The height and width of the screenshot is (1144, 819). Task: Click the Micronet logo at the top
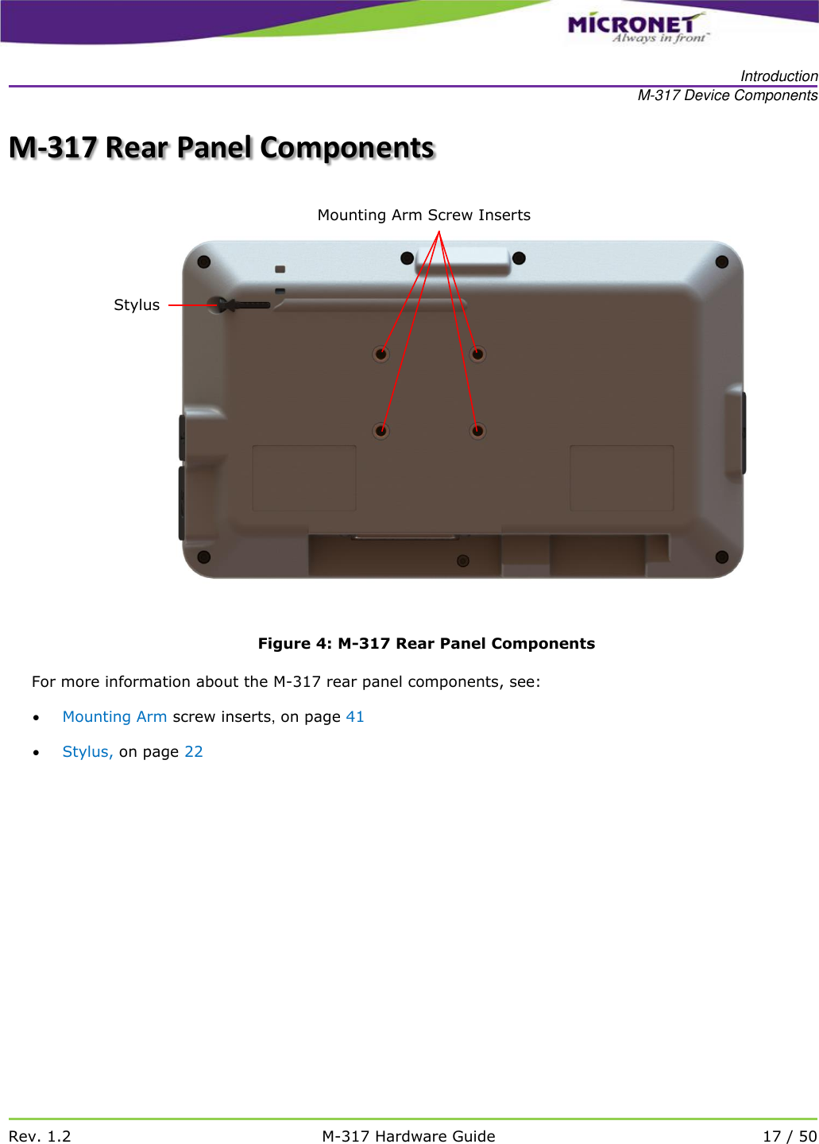tap(635, 27)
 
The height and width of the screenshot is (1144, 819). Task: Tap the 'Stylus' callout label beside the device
tap(137, 305)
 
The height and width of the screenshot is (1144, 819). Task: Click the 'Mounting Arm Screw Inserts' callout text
tap(423, 215)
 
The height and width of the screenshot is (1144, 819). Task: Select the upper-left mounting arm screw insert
tap(381, 354)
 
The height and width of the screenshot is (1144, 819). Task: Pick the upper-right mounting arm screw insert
tap(477, 354)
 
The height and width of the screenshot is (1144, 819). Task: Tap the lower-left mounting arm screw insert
tap(381, 431)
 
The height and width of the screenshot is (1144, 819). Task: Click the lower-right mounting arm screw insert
tap(477, 431)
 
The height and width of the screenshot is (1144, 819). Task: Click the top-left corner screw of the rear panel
tap(204, 262)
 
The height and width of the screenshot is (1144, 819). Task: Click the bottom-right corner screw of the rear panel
tap(722, 557)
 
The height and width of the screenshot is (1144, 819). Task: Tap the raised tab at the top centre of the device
tap(463, 260)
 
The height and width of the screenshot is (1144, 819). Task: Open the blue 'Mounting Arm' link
tap(114, 717)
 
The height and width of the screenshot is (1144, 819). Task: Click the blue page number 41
tap(355, 717)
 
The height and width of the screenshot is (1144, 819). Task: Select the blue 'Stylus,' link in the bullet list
tap(87, 752)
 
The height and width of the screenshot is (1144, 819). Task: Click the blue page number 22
tap(194, 752)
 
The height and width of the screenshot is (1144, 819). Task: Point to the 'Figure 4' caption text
tap(426, 644)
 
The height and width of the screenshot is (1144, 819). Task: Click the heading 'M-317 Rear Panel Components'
tap(222, 148)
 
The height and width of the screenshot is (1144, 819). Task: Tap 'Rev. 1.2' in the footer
tap(40, 1136)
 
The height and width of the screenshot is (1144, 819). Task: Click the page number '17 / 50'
tap(789, 1136)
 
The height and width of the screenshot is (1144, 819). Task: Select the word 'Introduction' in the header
tap(778, 76)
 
